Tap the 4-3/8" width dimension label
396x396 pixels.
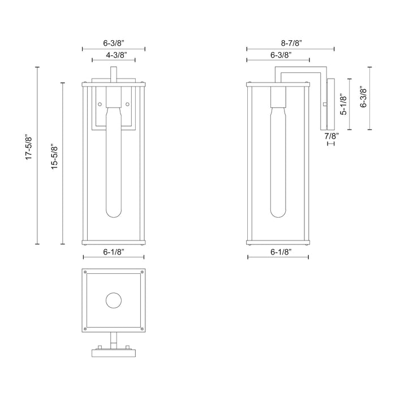(x=114, y=55)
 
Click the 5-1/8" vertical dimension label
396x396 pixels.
(x=342, y=104)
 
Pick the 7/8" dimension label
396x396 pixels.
(x=330, y=136)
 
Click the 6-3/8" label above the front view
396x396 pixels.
(x=114, y=42)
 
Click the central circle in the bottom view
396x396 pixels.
(x=114, y=300)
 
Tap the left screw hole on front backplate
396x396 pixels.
(x=100, y=104)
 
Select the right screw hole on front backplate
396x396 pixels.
(x=128, y=104)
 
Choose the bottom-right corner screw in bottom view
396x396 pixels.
(x=141, y=328)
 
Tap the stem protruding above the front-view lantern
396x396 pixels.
(x=114, y=75)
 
